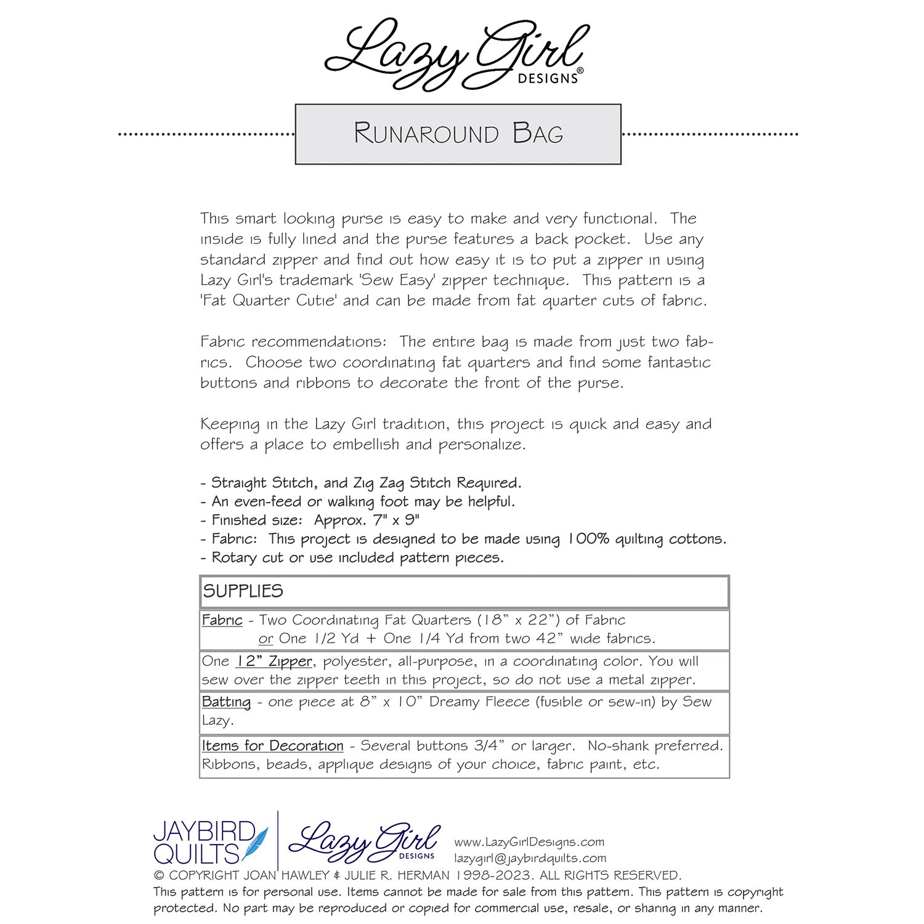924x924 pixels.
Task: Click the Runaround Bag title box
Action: coord(458,134)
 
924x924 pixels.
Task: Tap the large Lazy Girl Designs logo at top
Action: coord(456,54)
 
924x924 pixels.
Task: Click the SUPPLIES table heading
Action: coord(243,591)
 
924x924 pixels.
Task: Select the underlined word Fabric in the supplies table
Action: coord(222,620)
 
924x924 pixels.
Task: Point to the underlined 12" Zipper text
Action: coord(274,662)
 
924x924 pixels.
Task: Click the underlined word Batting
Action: coord(226,702)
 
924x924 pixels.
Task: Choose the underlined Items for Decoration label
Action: coord(272,746)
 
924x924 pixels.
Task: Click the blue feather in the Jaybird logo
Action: coord(255,844)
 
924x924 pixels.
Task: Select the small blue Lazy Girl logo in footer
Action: coord(365,842)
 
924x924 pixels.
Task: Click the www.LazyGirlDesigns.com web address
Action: coord(529,842)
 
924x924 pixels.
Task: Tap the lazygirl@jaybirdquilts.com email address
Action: coord(530,858)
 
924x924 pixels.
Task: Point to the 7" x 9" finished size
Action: coord(396,521)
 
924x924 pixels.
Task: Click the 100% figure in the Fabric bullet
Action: coord(588,539)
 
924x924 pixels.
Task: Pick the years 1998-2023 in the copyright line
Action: coord(493,875)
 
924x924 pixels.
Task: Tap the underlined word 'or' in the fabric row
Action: coord(265,639)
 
